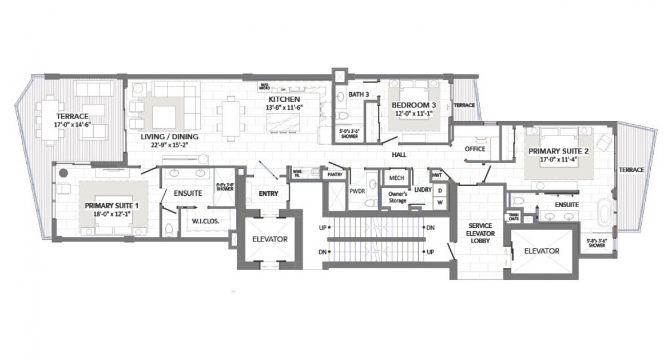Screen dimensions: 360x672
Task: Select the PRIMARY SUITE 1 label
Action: click(x=112, y=205)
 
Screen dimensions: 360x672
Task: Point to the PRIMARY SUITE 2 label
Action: click(x=558, y=152)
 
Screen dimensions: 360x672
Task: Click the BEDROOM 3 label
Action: click(x=414, y=105)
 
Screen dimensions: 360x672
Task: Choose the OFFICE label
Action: click(x=475, y=149)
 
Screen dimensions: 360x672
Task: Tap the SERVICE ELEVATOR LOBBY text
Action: click(x=480, y=232)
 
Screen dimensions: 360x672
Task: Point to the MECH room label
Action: click(x=396, y=178)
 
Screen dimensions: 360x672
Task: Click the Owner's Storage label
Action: click(x=394, y=197)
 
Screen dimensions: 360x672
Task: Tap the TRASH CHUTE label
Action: click(x=514, y=216)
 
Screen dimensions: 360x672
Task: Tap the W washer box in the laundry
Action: click(x=441, y=201)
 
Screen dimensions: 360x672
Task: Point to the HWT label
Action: click(x=437, y=175)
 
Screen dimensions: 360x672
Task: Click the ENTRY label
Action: click(x=268, y=193)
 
